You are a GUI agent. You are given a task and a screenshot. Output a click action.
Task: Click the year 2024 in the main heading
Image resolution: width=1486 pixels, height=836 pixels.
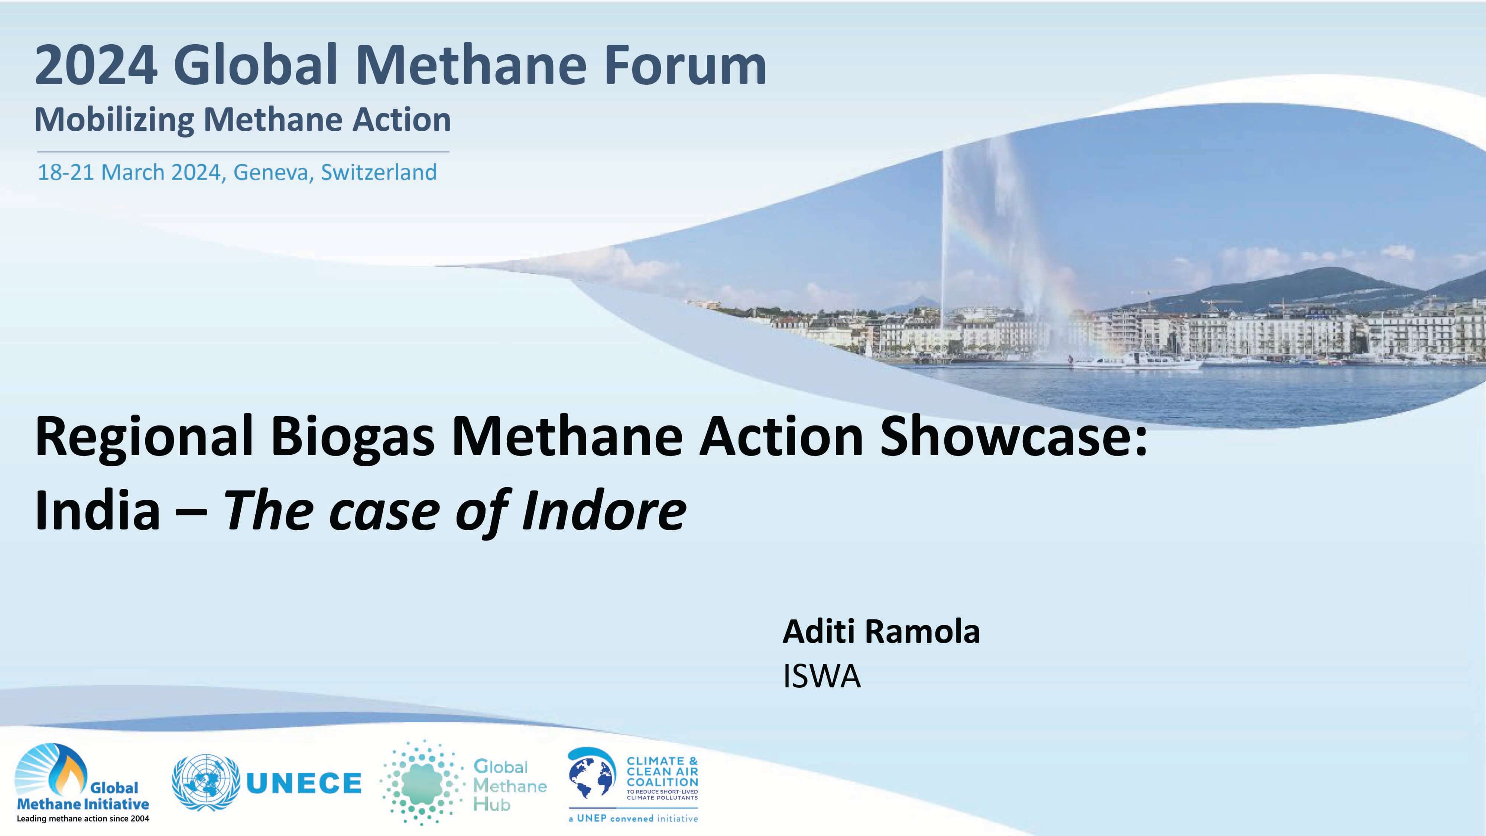tap(96, 67)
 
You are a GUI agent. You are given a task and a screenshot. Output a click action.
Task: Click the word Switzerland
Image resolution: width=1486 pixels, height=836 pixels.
tap(379, 172)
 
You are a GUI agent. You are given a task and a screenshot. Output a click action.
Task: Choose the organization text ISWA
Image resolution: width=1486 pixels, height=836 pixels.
tap(821, 676)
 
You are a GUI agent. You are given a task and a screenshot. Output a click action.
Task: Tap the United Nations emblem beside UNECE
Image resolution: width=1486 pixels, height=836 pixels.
tap(206, 783)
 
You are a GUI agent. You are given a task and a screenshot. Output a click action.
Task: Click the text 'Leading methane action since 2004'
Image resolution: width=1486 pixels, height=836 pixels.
tap(83, 819)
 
